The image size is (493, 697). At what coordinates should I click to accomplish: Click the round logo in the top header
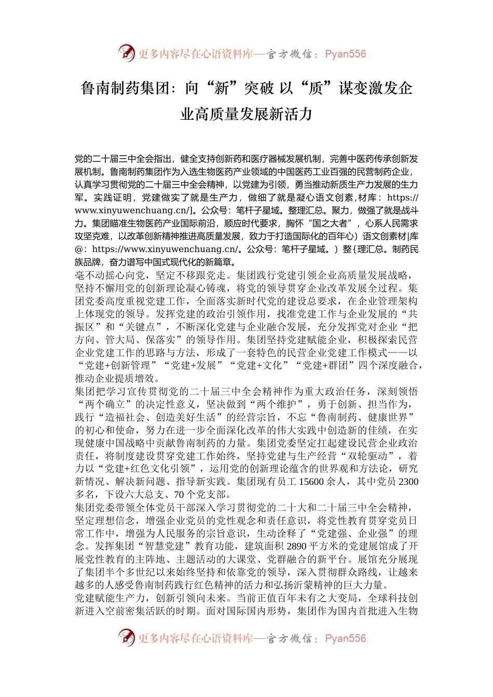126,53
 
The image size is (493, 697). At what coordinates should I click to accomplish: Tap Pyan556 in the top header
345,54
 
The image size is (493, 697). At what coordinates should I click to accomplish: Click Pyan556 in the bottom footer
345,638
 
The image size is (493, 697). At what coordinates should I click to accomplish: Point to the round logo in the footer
126,637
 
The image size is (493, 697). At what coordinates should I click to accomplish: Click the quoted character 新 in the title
222,88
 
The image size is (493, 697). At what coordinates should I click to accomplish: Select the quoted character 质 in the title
316,88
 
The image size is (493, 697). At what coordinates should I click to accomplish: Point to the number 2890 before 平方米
296,547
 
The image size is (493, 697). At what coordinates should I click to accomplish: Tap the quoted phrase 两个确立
109,405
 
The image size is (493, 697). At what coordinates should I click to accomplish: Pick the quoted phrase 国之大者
330,224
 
